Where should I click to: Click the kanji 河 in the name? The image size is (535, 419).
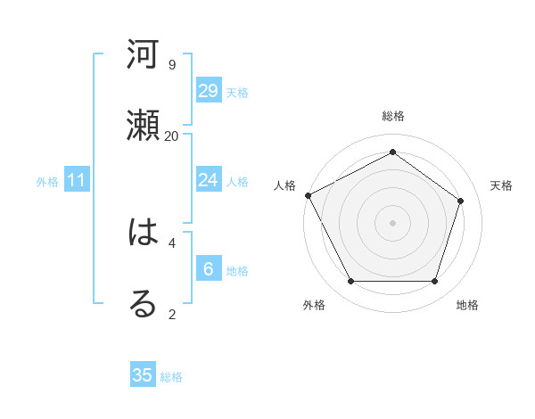coord(143,54)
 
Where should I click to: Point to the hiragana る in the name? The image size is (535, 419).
coord(143,304)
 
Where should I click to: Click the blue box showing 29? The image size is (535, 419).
coord(208,91)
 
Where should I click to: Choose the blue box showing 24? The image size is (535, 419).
coord(208,180)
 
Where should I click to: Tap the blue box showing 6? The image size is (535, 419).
coord(208,269)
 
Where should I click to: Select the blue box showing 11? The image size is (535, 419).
coord(77,181)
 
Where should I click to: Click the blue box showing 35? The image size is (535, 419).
coord(143,375)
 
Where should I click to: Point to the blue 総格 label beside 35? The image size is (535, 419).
coord(171,377)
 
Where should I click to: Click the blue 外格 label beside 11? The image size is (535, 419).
coord(47,182)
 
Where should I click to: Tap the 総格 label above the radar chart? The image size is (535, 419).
coord(392,116)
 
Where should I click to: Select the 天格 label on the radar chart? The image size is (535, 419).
coord(501,185)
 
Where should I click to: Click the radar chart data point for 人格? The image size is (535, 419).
coord(308,195)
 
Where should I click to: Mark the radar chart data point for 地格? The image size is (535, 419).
coord(434,282)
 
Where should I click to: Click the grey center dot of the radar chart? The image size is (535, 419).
coord(392,222)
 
